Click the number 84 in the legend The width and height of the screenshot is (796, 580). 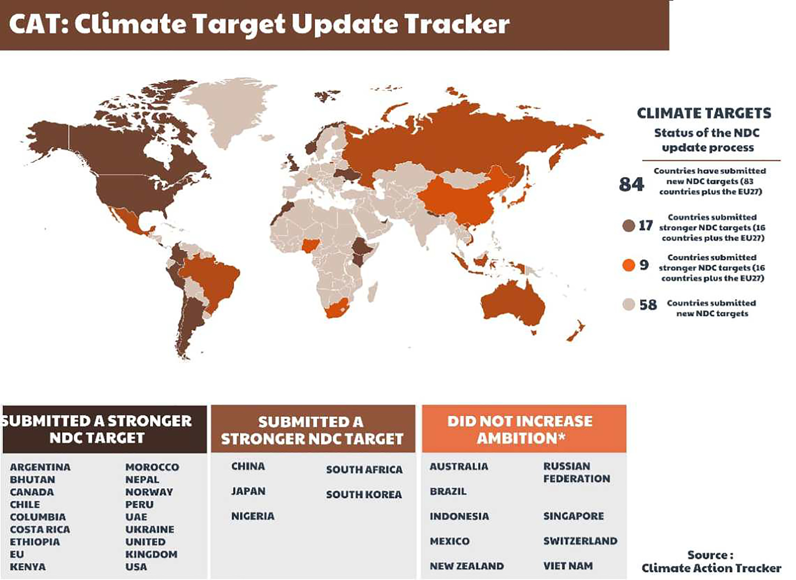[x=631, y=184]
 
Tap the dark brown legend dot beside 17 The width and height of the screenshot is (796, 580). [x=629, y=225]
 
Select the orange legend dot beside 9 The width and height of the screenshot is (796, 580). [x=629, y=265]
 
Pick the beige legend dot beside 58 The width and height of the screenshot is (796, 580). [x=629, y=304]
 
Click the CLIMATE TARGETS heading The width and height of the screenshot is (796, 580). [x=704, y=113]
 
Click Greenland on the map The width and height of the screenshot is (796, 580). [x=228, y=109]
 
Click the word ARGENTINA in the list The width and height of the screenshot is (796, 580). [x=40, y=467]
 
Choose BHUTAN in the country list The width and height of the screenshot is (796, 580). [x=32, y=480]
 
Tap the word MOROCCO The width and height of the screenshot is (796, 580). [x=152, y=467]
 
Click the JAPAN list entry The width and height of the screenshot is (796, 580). [x=248, y=491]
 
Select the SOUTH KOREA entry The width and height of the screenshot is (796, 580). [x=364, y=494]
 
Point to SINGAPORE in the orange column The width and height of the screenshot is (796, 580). [x=574, y=516]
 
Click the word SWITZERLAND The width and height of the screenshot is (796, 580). [x=580, y=541]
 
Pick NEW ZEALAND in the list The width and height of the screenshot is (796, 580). [x=467, y=566]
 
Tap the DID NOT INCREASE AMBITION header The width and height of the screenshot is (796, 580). [x=520, y=429]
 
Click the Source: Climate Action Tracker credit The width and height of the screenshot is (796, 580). [x=711, y=561]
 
